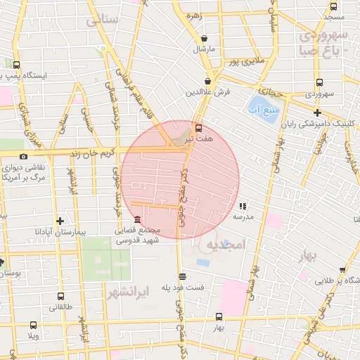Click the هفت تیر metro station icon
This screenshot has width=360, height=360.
(x=198, y=129)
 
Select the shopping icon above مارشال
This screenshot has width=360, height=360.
(x=204, y=39)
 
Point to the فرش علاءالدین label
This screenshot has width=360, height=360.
(x=204, y=92)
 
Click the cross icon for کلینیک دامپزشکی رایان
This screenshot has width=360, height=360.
(x=317, y=112)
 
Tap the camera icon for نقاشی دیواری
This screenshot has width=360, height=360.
(x=24, y=156)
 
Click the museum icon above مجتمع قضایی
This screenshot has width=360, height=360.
(x=136, y=220)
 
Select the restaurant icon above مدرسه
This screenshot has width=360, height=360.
(x=243, y=207)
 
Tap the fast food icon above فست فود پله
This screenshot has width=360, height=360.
(x=183, y=276)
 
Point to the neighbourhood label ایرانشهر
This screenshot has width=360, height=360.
(x=126, y=289)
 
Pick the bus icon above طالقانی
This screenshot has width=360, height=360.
(x=60, y=296)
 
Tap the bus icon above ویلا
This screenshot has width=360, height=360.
(x=33, y=325)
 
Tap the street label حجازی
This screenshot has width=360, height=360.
(x=271, y=92)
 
